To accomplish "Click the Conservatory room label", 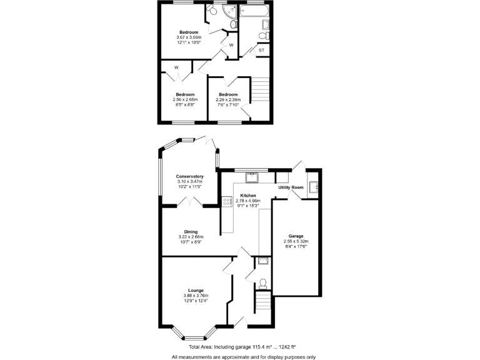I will click(190, 176).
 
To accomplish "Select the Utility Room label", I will click(291, 187).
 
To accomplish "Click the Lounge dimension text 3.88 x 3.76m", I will click(196, 296).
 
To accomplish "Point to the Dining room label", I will click(191, 232).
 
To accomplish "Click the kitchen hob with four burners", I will click(225, 201).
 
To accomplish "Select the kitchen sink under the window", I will click(252, 177).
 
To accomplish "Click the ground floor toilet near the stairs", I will click(262, 283).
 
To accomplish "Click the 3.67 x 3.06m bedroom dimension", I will click(189, 37).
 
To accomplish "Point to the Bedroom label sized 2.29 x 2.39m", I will click(227, 94).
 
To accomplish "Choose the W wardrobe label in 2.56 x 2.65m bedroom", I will click(176, 67).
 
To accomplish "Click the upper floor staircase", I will click(261, 89).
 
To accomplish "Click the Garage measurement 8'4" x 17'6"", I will click(296, 246).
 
